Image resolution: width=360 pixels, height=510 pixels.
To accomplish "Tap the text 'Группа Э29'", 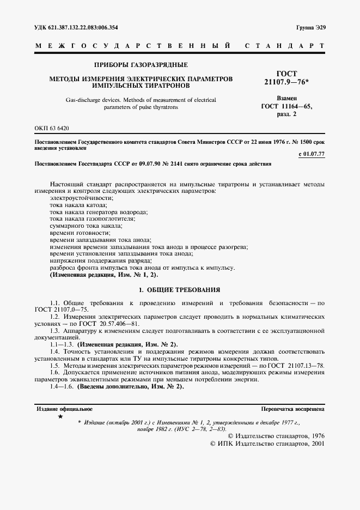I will (311, 27).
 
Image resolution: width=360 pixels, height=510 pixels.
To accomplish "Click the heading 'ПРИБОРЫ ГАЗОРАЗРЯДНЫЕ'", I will (141, 65).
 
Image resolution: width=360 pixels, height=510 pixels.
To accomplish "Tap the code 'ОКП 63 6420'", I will (52, 127).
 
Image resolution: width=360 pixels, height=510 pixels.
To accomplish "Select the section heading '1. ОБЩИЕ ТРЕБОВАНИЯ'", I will (179, 289).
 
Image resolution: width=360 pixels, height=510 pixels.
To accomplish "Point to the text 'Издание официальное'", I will (64, 408).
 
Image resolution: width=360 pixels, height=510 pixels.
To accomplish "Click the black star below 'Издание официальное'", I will (60, 417).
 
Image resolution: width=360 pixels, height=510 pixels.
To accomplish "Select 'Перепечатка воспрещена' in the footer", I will (293, 408).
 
